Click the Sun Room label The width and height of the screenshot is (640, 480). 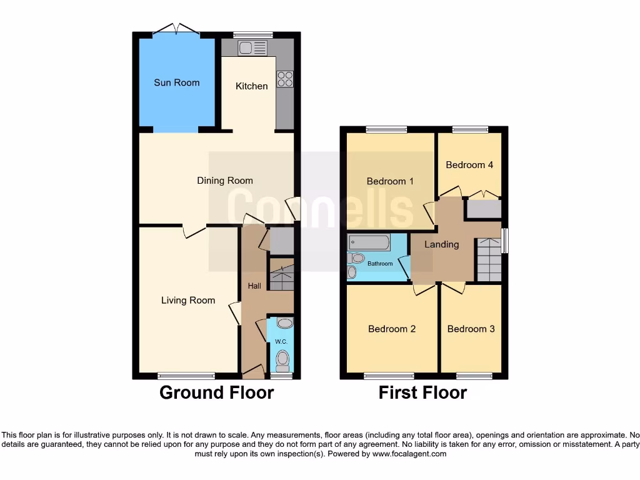pyautogui.click(x=177, y=82)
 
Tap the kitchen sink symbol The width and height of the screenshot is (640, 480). pyautogui.click(x=252, y=47)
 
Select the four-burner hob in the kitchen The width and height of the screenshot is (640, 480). pyautogui.click(x=285, y=79)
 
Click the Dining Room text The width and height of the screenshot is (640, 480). pyautogui.click(x=225, y=181)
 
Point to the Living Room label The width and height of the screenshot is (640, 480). pyautogui.click(x=188, y=300)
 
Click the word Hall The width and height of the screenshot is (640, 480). pyautogui.click(x=254, y=286)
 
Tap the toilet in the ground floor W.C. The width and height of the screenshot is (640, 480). pyautogui.click(x=283, y=359)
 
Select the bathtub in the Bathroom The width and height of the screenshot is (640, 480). pyautogui.click(x=369, y=242)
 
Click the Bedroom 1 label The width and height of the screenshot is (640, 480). pyautogui.click(x=390, y=181)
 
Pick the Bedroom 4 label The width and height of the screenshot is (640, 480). pyautogui.click(x=469, y=165)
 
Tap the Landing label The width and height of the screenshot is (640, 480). pyautogui.click(x=442, y=244)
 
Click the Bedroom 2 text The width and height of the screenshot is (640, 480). pyautogui.click(x=392, y=329)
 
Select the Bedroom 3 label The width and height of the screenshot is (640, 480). pyautogui.click(x=471, y=329)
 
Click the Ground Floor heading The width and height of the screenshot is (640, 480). pyautogui.click(x=216, y=392)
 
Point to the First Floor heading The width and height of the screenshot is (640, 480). pyautogui.click(x=422, y=392)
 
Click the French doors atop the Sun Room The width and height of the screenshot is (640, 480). pyautogui.click(x=177, y=29)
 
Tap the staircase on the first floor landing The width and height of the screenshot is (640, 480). pyautogui.click(x=489, y=260)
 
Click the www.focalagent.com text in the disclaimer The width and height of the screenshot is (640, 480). pyautogui.click(x=409, y=454)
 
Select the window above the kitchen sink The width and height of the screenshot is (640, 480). pyautogui.click(x=253, y=35)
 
